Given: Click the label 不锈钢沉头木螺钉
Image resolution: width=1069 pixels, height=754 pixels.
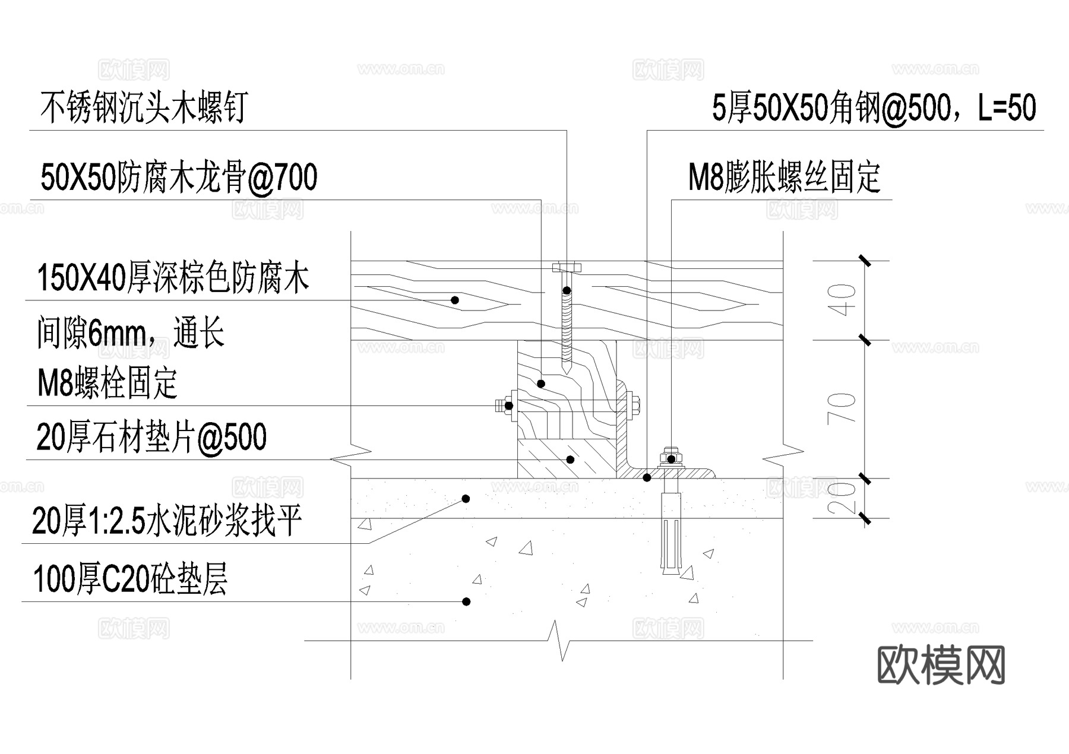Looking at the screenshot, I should point(143,108).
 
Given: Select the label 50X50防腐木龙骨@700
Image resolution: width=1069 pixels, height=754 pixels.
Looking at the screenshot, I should point(179,178).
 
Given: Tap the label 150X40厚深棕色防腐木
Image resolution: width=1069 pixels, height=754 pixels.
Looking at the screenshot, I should point(173,278).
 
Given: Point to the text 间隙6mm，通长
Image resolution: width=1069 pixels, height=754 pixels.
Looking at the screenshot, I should point(131,333).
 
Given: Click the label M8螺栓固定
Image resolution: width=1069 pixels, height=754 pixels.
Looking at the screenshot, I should point(107,384).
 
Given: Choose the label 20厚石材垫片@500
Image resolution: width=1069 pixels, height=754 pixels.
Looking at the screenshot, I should point(151,438).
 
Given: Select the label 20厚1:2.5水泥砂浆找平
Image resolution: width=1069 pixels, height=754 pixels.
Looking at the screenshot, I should point(167,521).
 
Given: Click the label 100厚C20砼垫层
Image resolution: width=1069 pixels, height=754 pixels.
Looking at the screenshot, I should point(131,579).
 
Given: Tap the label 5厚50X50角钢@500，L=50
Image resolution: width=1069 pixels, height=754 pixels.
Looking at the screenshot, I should point(874,108).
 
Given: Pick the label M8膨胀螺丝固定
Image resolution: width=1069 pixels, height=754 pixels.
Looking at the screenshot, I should point(784,178).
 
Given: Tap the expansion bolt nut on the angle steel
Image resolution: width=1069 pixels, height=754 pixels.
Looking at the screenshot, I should point(671,458).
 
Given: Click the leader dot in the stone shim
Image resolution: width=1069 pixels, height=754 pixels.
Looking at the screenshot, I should point(570,460).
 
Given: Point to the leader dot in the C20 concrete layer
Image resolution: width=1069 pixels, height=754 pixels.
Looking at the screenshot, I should point(466,601).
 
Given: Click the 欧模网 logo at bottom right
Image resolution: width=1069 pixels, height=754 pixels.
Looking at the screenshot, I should point(941,666).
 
